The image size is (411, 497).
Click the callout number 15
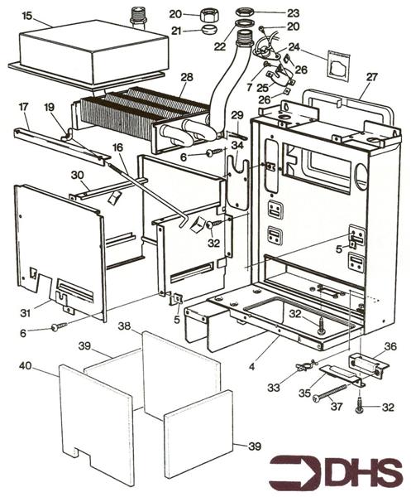26,16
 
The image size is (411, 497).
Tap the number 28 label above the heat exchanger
187,77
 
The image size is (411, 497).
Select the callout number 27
371,77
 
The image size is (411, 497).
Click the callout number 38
125,326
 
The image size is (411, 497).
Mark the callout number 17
23,107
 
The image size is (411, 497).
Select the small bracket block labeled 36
364,362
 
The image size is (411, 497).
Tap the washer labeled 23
246,12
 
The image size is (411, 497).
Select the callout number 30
77,175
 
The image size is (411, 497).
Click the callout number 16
118,147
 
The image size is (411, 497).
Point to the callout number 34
237,146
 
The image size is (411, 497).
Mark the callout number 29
237,113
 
